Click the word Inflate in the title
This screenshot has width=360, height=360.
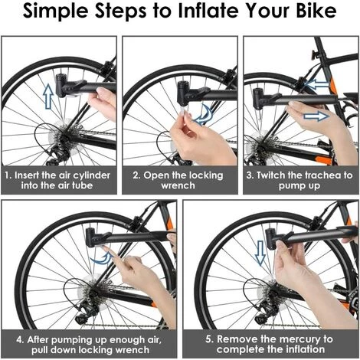(x=205, y=14)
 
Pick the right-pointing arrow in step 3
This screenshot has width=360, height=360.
(x=314, y=117)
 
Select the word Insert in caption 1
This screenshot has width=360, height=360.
(x=28, y=175)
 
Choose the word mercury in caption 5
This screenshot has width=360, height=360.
(x=294, y=338)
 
